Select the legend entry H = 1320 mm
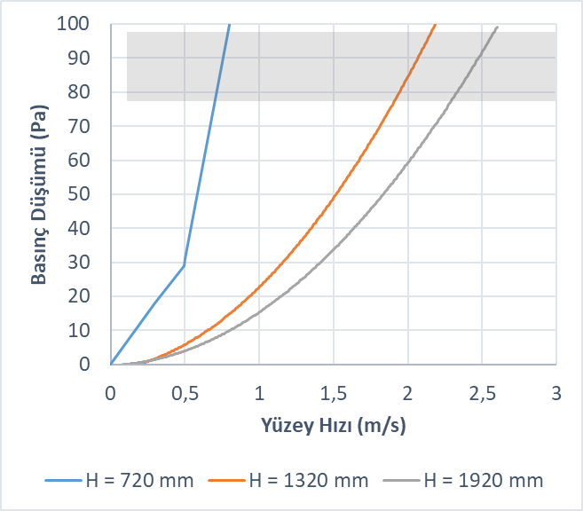[289, 482]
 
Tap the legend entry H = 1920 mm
[463, 482]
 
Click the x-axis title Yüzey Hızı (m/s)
[333, 425]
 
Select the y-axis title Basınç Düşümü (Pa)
[40, 194]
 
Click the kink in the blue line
[184, 265]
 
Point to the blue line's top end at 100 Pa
[230, 24]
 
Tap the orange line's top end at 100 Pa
[435, 24]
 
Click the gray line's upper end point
[498, 27]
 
